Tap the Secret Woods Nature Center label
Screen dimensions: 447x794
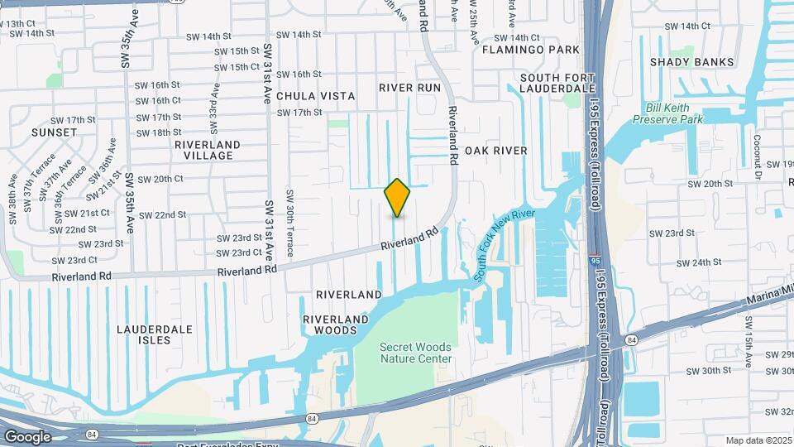point(416,353)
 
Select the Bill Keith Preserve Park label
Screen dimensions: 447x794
point(667,113)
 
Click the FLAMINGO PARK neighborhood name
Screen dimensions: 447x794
point(531,50)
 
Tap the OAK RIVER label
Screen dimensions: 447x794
point(495,151)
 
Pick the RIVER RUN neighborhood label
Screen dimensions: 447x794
point(410,88)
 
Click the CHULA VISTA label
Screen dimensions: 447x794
point(315,96)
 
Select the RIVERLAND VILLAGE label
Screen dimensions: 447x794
point(207,150)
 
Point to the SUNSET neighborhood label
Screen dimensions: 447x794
point(55,132)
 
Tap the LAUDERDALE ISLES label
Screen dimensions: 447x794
point(155,334)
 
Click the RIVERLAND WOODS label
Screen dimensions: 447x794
point(335,324)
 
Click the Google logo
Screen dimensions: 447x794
point(27,437)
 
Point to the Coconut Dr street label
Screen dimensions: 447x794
point(757,156)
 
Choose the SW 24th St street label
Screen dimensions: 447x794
point(699,262)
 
